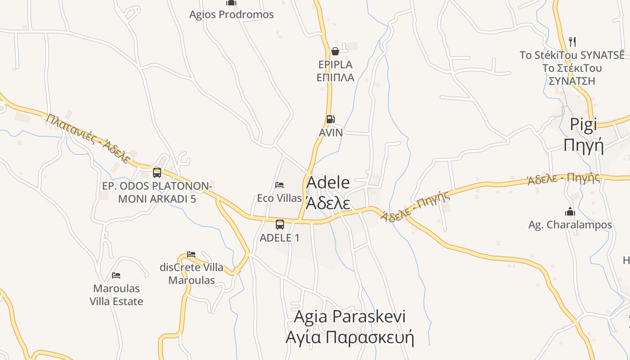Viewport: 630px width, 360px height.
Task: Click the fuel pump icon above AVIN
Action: [x=330, y=119]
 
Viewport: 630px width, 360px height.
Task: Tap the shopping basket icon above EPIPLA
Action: [x=335, y=51]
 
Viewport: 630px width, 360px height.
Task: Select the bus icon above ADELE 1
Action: [x=280, y=224]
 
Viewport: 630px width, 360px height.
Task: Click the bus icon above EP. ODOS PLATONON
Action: [x=157, y=172]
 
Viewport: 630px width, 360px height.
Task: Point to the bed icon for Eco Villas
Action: [x=279, y=185]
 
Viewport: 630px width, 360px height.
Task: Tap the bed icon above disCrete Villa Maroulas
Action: [x=191, y=254]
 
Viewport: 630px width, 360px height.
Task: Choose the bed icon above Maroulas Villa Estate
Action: [x=116, y=275]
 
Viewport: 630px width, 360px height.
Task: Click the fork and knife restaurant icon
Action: [x=572, y=42]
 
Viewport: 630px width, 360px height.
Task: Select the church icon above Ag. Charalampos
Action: [x=570, y=211]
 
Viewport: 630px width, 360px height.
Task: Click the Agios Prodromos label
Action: [x=231, y=14]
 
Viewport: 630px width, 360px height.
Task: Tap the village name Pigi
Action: [x=583, y=125]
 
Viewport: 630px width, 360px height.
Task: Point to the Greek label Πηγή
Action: [x=583, y=145]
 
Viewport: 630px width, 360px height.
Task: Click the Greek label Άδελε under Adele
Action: [x=328, y=203]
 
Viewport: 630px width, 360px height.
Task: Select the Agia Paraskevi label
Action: [x=349, y=316]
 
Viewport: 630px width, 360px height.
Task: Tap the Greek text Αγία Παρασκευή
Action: [x=349, y=337]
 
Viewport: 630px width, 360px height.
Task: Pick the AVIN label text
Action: [x=331, y=133]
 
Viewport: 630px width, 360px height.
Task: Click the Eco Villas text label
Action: [x=279, y=198]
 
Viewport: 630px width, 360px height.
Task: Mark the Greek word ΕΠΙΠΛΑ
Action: [x=335, y=77]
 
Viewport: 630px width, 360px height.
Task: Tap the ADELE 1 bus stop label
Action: [x=279, y=238]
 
